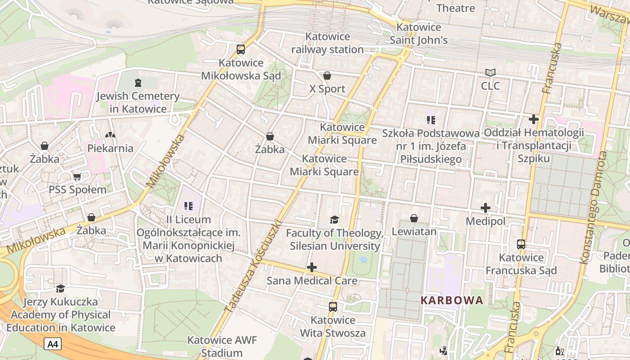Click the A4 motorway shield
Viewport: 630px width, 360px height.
tap(53, 344)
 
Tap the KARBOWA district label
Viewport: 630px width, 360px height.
tap(452, 300)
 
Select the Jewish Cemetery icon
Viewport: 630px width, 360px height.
tap(138, 83)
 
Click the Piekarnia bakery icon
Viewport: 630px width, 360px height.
tap(110, 135)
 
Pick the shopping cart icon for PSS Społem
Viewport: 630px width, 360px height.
tap(77, 176)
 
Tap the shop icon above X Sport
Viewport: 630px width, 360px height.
tap(327, 76)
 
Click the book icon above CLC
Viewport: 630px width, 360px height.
tap(490, 72)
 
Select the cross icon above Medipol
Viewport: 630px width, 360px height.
tap(485, 208)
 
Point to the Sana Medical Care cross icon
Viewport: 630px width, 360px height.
tap(311, 268)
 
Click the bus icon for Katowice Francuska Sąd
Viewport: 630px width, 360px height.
tap(521, 244)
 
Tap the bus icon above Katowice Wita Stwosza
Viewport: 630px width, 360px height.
tap(333, 307)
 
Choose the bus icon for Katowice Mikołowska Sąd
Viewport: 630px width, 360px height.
tap(241, 49)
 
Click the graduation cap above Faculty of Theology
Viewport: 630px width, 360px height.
tap(334, 220)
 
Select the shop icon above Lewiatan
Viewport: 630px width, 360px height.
tap(414, 218)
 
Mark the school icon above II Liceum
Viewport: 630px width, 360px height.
tap(189, 206)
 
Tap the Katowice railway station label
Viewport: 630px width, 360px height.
tap(328, 43)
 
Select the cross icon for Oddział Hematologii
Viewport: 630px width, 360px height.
tap(534, 119)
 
